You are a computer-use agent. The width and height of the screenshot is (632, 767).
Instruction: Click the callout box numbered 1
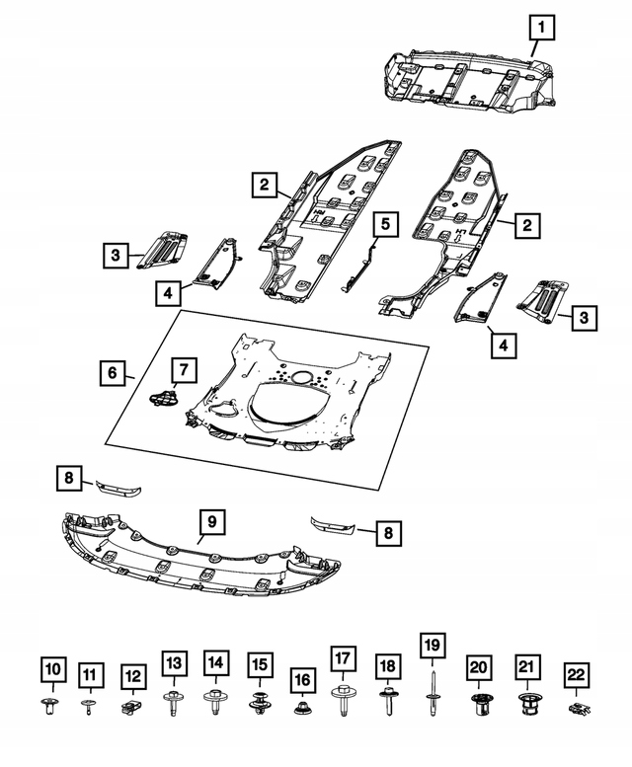[541, 28]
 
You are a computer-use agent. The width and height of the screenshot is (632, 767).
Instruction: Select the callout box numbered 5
[385, 224]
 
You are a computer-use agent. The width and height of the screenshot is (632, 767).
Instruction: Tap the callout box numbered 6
[113, 373]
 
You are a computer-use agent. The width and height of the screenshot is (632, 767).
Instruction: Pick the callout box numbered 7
[184, 370]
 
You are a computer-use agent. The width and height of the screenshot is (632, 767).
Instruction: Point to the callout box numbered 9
[211, 521]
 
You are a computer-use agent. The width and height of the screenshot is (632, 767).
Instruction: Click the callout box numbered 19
[433, 646]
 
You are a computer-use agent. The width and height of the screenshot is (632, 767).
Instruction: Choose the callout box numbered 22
[577, 675]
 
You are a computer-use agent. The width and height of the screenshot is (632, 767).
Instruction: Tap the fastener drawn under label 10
[50, 707]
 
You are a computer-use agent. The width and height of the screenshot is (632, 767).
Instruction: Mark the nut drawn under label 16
[302, 707]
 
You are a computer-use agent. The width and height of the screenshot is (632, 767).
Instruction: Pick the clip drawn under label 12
[130, 707]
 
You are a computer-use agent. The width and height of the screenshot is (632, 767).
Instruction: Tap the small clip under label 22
[580, 708]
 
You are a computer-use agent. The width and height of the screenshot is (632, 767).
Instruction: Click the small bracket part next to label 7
[162, 397]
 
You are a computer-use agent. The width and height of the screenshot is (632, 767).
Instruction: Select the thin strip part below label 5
[359, 269]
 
